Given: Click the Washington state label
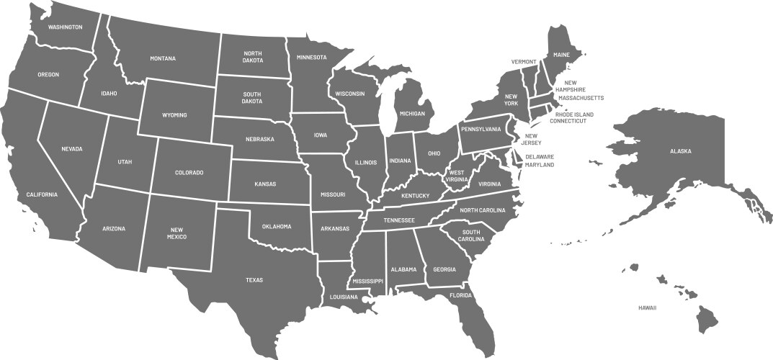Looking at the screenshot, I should point(65,27).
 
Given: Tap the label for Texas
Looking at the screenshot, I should point(254,280).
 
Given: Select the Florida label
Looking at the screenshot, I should point(460,295).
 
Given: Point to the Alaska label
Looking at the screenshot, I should point(680,151).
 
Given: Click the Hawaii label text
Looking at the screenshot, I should point(647,307).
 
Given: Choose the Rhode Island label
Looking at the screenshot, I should point(575,114).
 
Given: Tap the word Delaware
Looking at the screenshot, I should point(540,157).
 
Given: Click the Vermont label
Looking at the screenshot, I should point(524,62).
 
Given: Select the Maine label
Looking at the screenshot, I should point(561,55).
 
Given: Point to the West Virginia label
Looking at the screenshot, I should point(456,176).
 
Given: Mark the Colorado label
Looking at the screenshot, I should point(189,173).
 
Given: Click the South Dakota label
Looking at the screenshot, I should point(252,97).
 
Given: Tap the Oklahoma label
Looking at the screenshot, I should point(277,226).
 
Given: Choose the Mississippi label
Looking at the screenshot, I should point(368,281).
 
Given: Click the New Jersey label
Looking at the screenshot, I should point(533,139).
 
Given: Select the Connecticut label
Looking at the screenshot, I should point(568,121).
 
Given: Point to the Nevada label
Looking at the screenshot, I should point(72,149).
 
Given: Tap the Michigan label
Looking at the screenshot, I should point(412,114).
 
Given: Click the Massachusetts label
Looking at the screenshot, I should point(581,98).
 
